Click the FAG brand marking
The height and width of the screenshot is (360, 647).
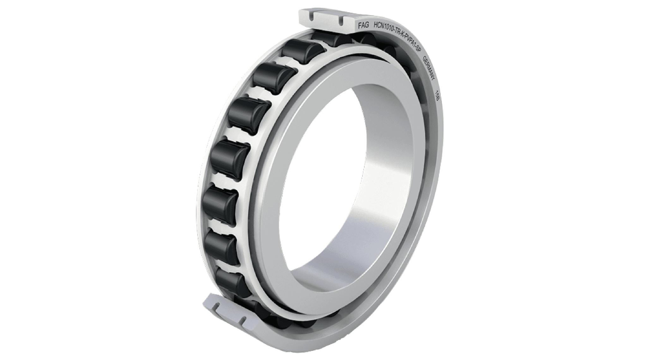click(x=363, y=26)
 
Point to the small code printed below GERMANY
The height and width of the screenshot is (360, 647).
click(x=438, y=94)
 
